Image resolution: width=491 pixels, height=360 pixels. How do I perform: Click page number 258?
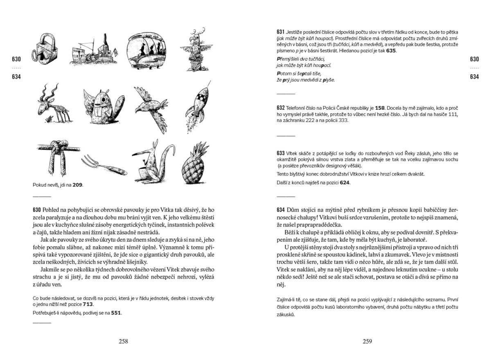(x=123, y=341)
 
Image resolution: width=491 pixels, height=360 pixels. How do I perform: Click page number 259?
(x=367, y=341)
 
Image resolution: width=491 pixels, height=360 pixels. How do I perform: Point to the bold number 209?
(x=78, y=185)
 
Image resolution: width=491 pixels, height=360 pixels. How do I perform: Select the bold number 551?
(x=117, y=313)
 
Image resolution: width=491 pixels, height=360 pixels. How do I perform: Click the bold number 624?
(x=345, y=183)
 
